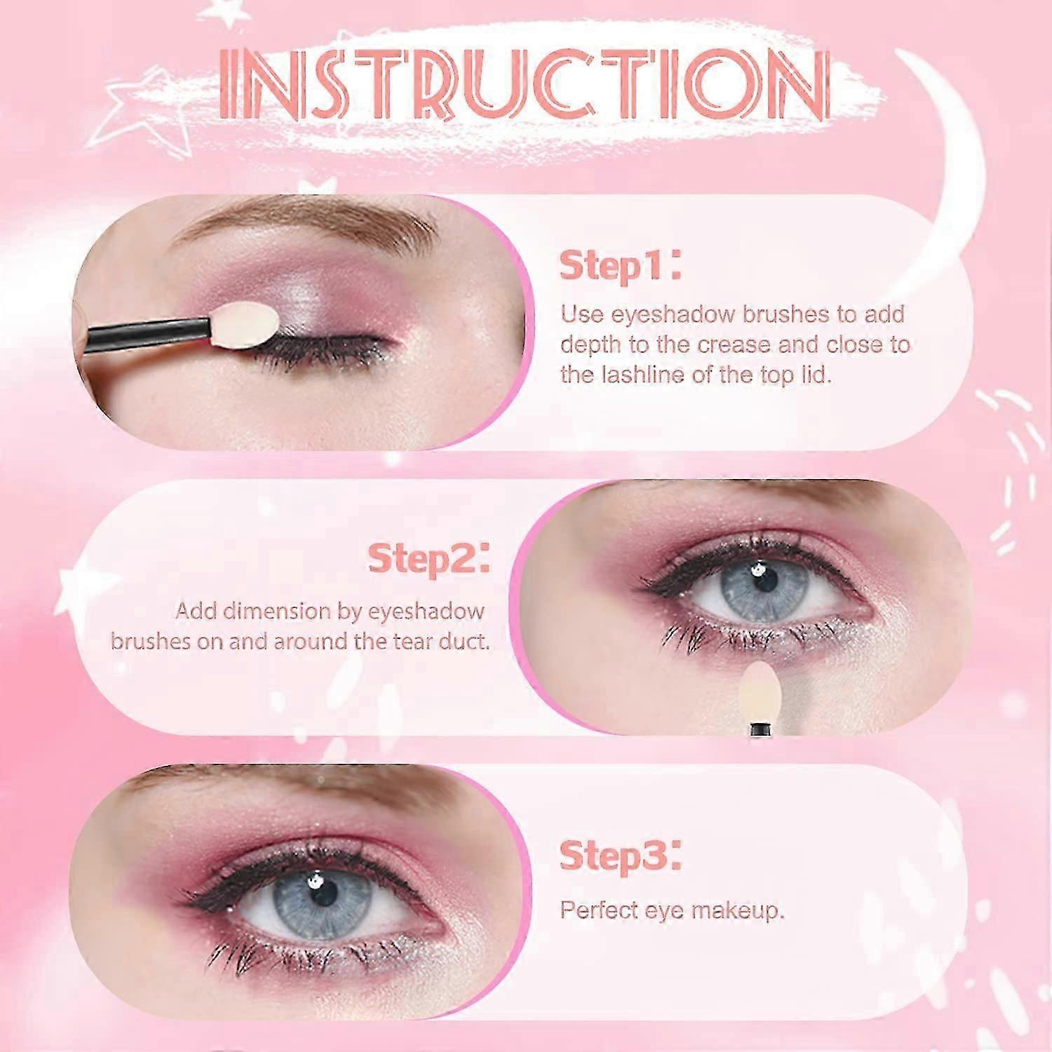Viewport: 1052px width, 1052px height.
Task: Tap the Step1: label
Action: tap(620, 266)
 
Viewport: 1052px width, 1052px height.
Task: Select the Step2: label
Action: tap(429, 559)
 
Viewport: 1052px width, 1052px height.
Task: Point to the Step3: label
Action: tap(620, 856)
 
